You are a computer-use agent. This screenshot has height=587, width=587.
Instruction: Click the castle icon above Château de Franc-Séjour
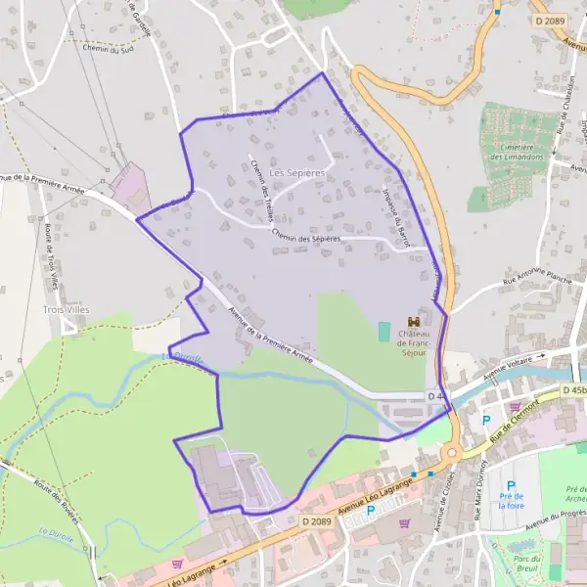coord(413,322)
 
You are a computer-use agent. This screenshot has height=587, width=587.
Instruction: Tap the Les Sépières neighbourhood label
coord(297,172)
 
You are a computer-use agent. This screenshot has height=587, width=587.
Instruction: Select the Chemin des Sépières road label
coord(306,236)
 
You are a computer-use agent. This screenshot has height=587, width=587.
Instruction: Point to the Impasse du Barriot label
coord(395,217)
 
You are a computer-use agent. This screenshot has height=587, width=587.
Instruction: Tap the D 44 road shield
coord(436,395)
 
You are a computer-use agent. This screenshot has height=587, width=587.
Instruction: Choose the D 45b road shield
coord(574,391)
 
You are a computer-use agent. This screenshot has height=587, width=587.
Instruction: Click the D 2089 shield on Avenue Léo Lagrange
coord(315,521)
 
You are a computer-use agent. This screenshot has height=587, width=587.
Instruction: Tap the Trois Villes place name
coord(67,309)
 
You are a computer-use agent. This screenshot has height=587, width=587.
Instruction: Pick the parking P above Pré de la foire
coord(511,485)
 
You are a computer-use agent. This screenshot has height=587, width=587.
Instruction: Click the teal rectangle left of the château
coord(384,332)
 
